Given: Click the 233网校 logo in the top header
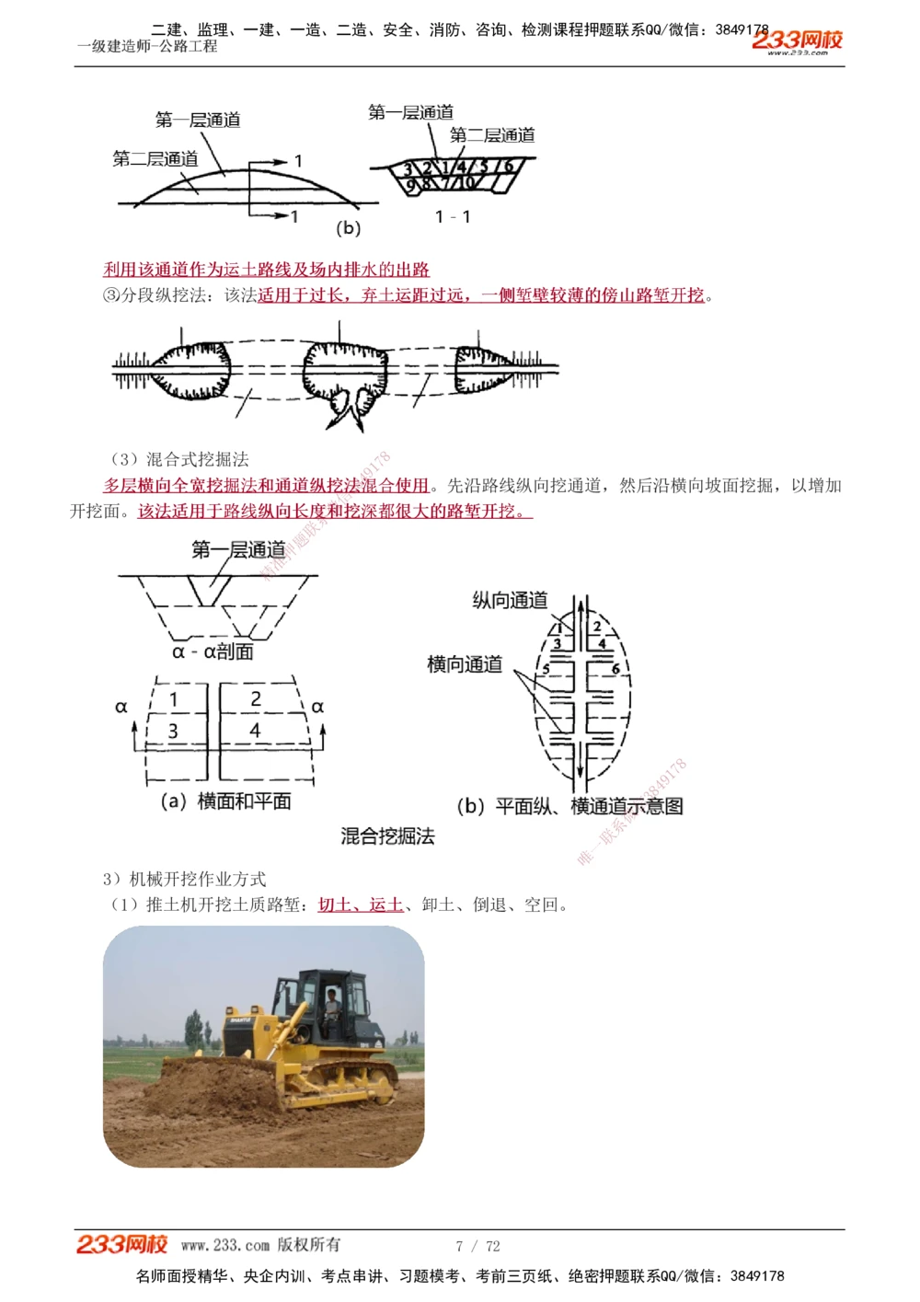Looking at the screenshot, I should click(797, 40).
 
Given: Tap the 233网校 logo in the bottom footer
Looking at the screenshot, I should click(121, 1244).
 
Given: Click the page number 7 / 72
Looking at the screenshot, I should click(477, 1246).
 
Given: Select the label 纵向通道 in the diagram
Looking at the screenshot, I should click(510, 601).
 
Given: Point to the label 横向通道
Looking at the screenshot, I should click(465, 664).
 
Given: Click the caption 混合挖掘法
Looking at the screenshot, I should click(387, 836).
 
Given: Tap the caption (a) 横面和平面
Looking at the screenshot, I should click(225, 801).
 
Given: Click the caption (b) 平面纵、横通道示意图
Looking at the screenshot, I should click(569, 806).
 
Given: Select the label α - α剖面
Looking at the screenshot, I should click(213, 651).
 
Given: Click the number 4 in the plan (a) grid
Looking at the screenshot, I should click(255, 731).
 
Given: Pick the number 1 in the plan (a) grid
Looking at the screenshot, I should click(174, 699).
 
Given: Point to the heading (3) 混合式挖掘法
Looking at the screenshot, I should click(179, 459).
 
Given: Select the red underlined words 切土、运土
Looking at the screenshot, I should click(361, 904).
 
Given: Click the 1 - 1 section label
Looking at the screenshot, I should click(453, 217).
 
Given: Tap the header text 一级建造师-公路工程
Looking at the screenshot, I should click(147, 46).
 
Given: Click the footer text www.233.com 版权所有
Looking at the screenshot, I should click(260, 1245).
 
